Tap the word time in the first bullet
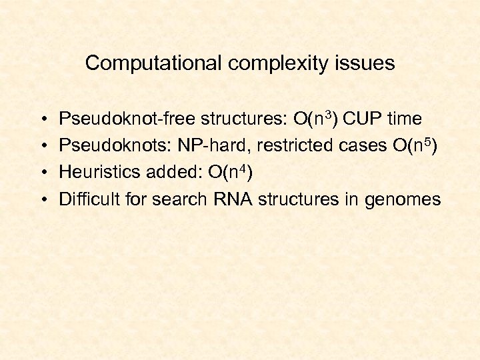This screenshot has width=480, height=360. pos(404,119)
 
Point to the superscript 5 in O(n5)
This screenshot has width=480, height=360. pos(424,141)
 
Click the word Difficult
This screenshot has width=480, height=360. pos(85,199)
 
